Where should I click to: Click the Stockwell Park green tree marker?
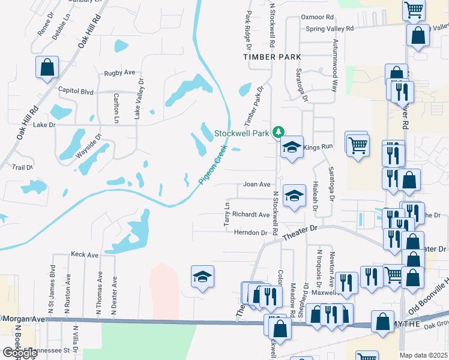(x=278, y=131)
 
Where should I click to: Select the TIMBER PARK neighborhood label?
(x=271, y=56)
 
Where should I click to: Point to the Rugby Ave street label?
(x=119, y=73)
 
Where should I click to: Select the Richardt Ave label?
(x=250, y=214)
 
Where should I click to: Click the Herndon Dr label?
(x=250, y=233)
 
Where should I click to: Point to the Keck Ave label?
(x=84, y=255)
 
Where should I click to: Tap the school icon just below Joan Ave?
(x=294, y=195)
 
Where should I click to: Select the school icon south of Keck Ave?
(x=202, y=277)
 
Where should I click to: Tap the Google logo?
(x=19, y=353)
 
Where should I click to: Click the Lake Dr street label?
(x=44, y=125)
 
